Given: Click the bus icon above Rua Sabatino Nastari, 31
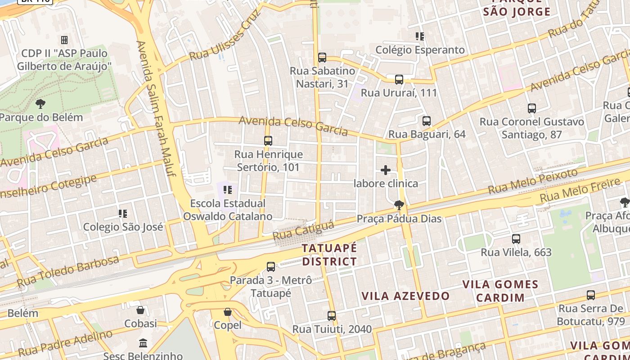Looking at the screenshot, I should [x=322, y=58].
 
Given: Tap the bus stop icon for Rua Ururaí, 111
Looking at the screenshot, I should [x=399, y=80].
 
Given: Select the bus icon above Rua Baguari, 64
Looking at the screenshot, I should [x=427, y=121].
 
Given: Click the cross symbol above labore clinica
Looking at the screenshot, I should [x=386, y=170].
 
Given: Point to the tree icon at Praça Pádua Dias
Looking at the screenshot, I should [x=399, y=206].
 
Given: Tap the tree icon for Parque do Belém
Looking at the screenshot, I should [x=40, y=104].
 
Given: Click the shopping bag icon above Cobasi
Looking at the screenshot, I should [x=140, y=310].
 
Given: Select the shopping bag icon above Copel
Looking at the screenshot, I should [x=228, y=311].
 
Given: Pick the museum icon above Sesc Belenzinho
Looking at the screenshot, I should [x=143, y=343].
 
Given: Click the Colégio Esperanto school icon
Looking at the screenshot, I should [x=420, y=36].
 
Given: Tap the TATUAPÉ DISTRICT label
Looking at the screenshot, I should [x=329, y=255].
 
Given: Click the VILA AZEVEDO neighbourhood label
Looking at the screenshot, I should [x=406, y=296].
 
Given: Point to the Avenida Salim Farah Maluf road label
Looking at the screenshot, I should [x=156, y=108].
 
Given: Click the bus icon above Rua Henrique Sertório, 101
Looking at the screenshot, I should [x=268, y=141].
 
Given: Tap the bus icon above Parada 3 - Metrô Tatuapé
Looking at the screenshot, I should [x=271, y=267].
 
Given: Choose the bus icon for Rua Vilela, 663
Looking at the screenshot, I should [x=516, y=239].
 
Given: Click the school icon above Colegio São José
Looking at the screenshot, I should [x=123, y=213].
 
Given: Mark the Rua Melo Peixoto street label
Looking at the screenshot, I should [x=533, y=181].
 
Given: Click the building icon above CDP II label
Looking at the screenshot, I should [x=64, y=40].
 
